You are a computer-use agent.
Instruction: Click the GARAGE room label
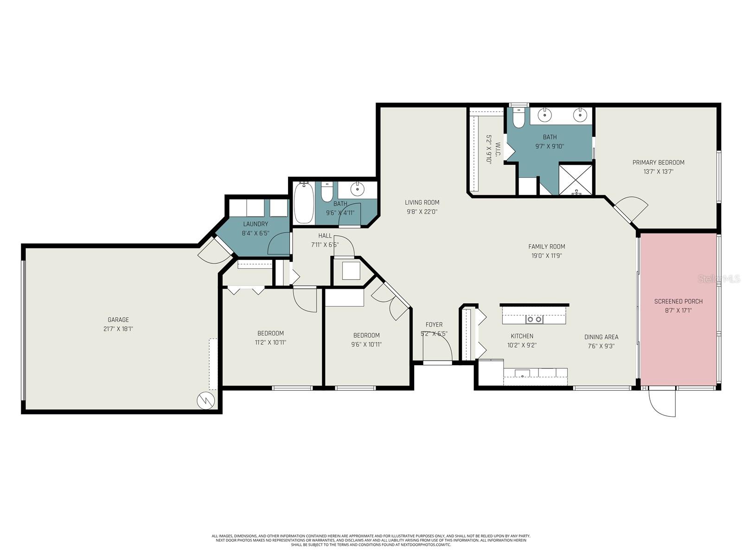[x=118, y=320]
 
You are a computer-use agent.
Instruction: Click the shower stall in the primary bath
[x=576, y=179]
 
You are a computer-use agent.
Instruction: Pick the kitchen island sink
[x=534, y=319]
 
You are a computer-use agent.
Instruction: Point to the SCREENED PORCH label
[x=678, y=301]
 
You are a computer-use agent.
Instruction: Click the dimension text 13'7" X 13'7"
[x=658, y=171]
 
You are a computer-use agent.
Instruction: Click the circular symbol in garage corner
[x=205, y=401]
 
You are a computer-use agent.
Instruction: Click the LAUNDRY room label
[x=256, y=224]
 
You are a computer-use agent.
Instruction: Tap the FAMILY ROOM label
[x=547, y=246]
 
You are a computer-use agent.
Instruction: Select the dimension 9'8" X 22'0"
[x=422, y=211]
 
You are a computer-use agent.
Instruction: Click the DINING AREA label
[x=601, y=337]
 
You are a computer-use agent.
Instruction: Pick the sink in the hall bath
[x=358, y=189]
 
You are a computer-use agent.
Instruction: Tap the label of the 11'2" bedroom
[x=270, y=333]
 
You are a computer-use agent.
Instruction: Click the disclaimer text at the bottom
[x=371, y=540]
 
